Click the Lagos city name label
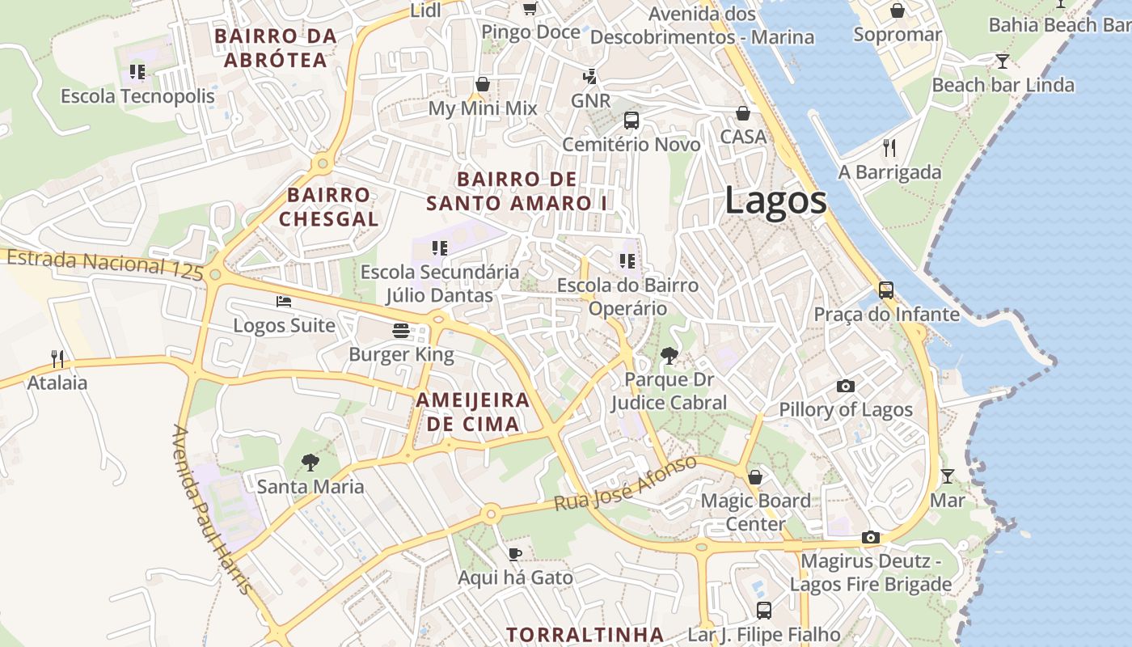point(775,200)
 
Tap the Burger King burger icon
point(401,330)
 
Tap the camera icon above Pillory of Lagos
point(845,386)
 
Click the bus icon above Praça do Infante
point(886,290)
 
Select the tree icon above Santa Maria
point(310,463)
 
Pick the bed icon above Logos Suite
point(284,302)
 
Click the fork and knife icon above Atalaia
point(57,358)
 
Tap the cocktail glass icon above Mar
point(947,476)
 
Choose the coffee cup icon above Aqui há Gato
point(515,554)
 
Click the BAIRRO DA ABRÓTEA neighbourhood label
point(276,48)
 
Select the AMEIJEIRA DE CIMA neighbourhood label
point(473,412)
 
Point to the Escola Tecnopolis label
point(138,96)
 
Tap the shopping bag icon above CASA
point(742,113)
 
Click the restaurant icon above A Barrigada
point(889,147)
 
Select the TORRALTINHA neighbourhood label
point(585,634)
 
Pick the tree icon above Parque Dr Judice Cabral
point(669,355)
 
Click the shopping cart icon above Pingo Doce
point(530,8)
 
